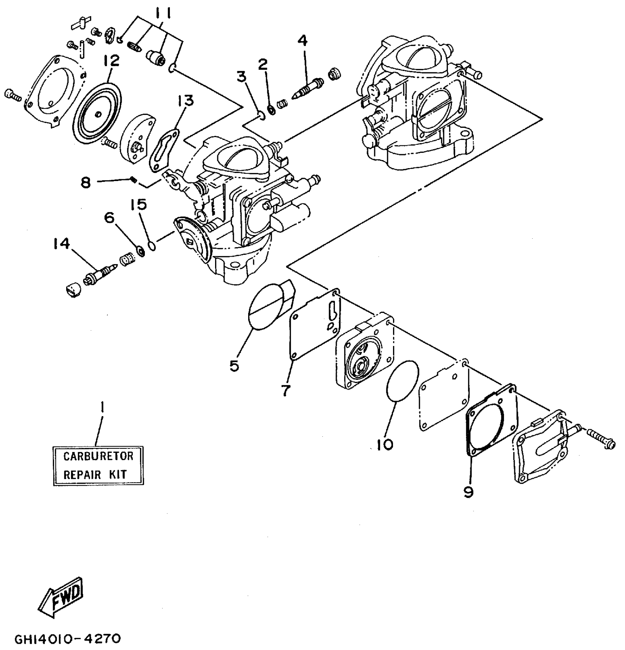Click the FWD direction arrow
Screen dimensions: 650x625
62,597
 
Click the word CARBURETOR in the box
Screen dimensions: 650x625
98,456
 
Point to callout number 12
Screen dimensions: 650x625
111,61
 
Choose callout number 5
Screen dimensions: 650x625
234,365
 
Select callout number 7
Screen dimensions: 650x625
286,391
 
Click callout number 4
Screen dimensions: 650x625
302,40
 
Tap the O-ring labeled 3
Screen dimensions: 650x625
260,116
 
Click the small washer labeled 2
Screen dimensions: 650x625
272,109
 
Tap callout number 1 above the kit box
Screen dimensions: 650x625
102,407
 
